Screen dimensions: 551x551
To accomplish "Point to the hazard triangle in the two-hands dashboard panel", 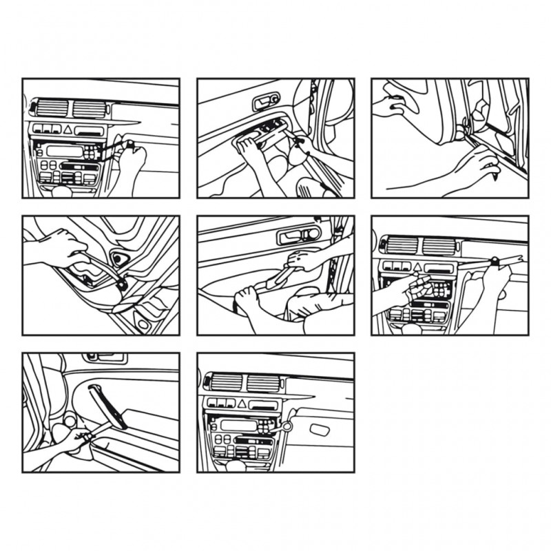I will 417,266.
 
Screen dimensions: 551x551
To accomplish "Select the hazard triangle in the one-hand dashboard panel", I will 68,129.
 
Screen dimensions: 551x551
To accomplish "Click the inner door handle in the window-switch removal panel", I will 263,103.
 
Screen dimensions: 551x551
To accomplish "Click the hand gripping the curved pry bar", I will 59,247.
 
